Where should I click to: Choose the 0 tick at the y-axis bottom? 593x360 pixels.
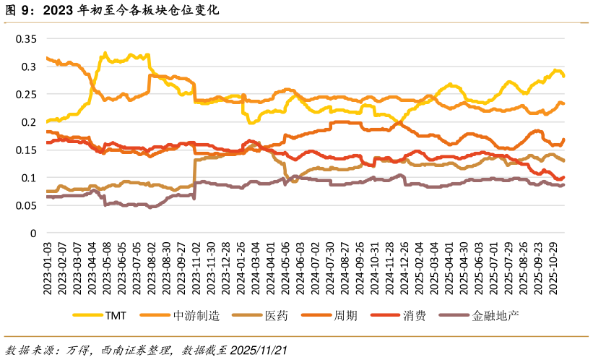pos(33,233)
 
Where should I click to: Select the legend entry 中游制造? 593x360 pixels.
pos(196,316)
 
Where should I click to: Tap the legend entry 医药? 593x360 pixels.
pos(276,316)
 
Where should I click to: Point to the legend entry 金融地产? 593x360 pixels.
pos(495,316)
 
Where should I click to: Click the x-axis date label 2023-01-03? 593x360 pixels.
pos(48,267)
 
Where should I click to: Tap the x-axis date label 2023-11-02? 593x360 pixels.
pos(196,267)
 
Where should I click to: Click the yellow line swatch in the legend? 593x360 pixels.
pos(87,316)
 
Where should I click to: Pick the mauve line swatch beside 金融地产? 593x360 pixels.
pos(456,316)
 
